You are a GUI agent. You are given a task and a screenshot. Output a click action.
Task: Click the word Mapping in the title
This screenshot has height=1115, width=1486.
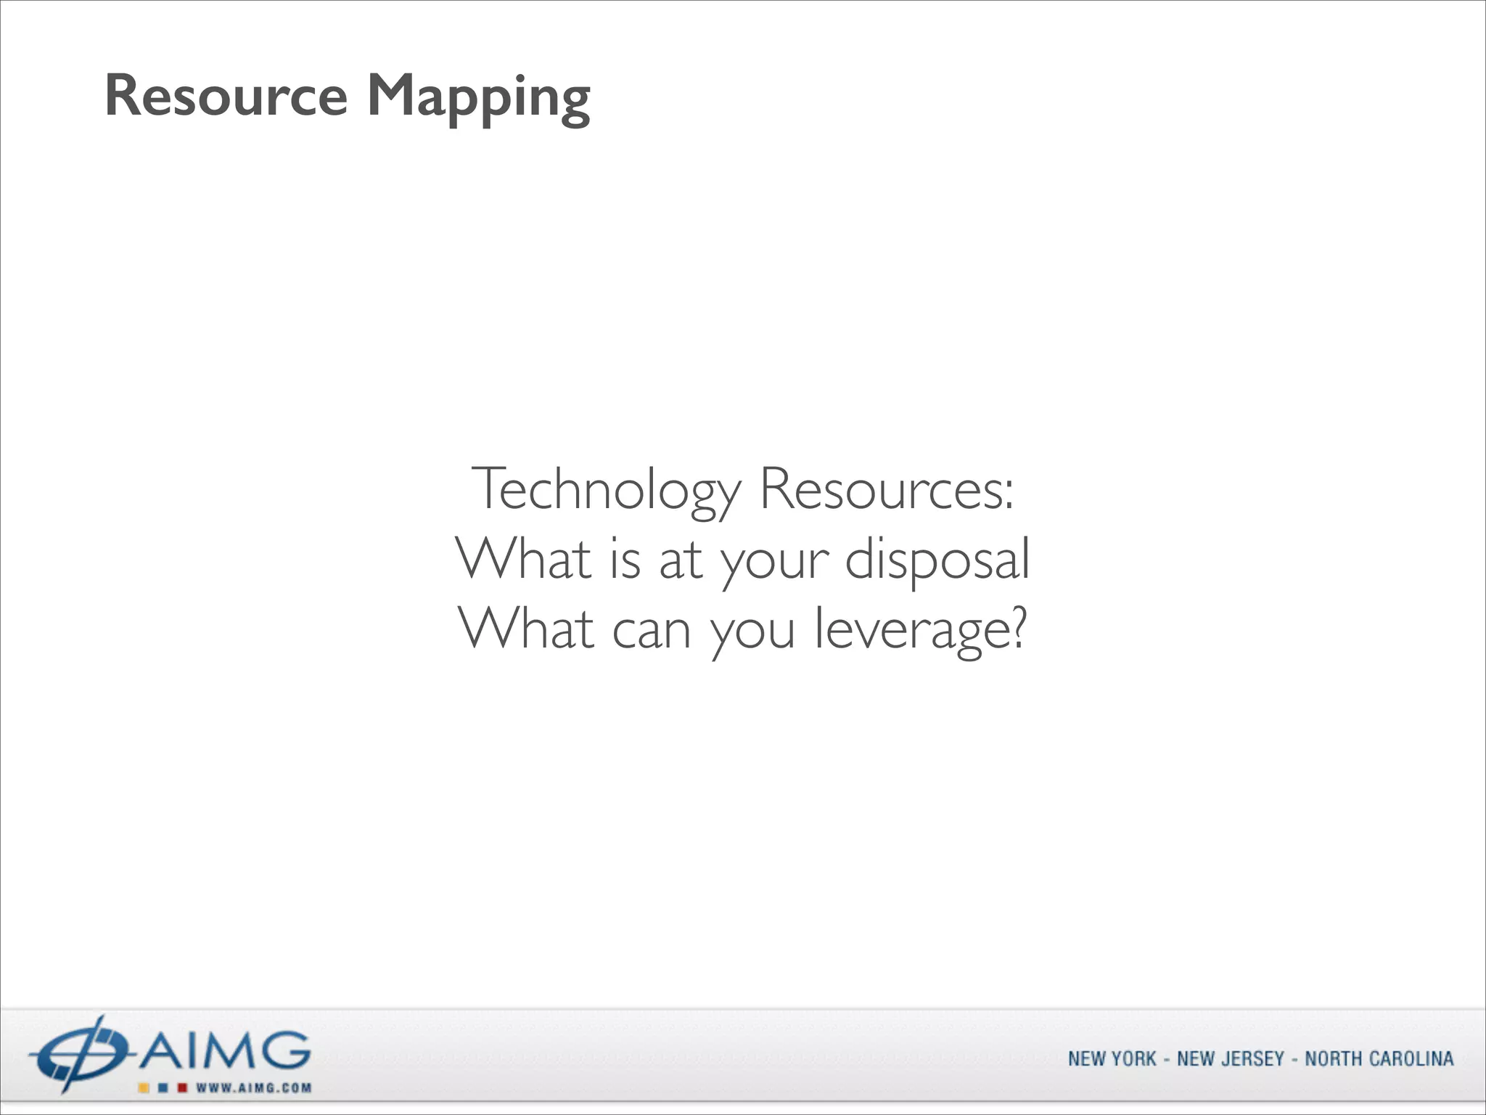(479, 97)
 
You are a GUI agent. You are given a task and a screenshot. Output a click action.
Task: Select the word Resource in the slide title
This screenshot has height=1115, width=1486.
(226, 95)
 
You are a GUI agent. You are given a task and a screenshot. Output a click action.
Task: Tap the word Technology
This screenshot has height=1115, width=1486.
(606, 490)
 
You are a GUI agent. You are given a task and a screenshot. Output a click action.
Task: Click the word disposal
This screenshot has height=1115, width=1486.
(937, 560)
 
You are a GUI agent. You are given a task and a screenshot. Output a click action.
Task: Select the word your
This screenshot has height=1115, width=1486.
(774, 561)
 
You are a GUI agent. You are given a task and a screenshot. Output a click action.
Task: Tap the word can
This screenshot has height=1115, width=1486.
(651, 629)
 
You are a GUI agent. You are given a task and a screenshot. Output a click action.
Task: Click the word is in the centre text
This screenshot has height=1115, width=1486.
(625, 560)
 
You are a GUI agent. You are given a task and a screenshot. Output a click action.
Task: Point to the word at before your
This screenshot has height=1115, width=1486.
(680, 561)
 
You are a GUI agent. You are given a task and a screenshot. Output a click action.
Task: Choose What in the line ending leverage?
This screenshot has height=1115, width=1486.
(528, 629)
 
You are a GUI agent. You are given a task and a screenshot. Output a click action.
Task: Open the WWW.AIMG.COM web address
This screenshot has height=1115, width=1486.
(253, 1087)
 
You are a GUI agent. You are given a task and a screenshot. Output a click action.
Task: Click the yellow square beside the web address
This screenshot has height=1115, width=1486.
(144, 1087)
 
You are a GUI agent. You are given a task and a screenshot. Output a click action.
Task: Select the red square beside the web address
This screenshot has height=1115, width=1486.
(183, 1087)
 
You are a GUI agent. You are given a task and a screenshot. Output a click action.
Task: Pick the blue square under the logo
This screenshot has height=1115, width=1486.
(163, 1087)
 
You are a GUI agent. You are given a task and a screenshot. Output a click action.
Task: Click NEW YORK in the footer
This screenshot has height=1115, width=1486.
(1112, 1059)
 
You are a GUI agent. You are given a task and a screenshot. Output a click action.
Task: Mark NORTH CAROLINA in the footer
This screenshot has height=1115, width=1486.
(1379, 1059)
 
